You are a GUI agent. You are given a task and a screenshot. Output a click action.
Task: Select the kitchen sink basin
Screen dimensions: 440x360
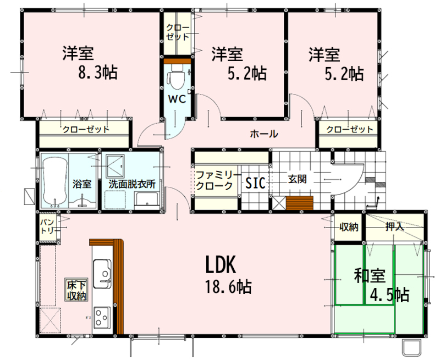[x=102, y=274]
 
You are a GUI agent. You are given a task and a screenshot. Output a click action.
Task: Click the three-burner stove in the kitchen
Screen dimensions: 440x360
[x=102, y=317]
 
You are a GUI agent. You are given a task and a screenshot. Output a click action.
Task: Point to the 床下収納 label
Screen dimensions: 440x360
[x=76, y=290]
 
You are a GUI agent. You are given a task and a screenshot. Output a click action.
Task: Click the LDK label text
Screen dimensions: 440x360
[x=221, y=265]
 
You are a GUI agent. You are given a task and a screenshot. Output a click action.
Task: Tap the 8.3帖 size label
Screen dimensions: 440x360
[x=98, y=73]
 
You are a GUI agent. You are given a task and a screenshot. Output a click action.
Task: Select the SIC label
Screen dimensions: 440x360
[x=255, y=184]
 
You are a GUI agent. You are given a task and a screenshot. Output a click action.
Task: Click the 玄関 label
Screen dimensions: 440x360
[x=297, y=179]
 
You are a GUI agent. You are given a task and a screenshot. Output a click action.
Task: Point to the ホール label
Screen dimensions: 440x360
[x=264, y=134]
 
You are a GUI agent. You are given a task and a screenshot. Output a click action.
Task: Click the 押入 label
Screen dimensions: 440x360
[x=394, y=226]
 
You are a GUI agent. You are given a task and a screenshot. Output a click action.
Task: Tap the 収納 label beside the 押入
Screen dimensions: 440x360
[x=349, y=227]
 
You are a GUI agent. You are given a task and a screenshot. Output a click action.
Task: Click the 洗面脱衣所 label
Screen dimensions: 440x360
[x=132, y=184]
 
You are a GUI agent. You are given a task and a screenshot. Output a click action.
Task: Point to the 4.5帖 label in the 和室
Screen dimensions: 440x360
[x=389, y=295]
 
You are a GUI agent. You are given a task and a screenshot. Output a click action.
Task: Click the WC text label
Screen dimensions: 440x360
[x=177, y=99]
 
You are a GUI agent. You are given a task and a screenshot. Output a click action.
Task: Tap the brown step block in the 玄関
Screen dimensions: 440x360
[x=299, y=203]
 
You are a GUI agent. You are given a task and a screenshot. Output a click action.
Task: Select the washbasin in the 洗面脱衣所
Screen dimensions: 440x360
[x=146, y=201]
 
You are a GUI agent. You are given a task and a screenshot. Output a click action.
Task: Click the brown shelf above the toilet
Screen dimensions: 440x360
[x=177, y=61]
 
